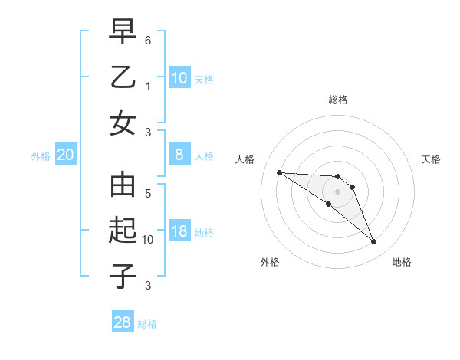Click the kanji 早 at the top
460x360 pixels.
(x=123, y=34)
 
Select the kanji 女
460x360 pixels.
(x=123, y=123)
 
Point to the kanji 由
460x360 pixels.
(x=123, y=186)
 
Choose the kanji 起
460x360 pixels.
(x=123, y=231)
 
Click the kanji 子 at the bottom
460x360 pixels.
(x=123, y=276)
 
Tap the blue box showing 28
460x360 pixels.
(x=123, y=322)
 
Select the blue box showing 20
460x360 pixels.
(x=65, y=155)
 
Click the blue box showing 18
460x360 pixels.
(x=179, y=232)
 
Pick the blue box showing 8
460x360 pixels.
(x=179, y=155)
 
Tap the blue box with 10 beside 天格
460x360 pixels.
(x=179, y=78)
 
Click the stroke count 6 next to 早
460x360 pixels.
(x=148, y=40)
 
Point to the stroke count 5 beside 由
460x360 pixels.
(x=148, y=194)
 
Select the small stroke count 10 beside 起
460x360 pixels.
(x=148, y=240)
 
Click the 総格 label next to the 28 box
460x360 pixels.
(x=147, y=324)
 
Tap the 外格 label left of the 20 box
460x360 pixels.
(x=41, y=156)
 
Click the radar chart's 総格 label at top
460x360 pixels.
(x=338, y=100)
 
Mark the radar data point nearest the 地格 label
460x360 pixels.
(x=373, y=242)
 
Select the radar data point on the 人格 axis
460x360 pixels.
(x=279, y=172)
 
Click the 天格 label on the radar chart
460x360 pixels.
(x=431, y=159)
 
